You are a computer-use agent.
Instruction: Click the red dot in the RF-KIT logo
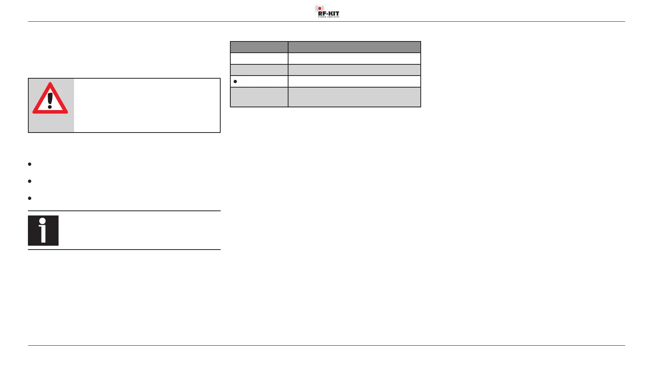320,8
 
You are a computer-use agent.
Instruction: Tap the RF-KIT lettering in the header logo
328,13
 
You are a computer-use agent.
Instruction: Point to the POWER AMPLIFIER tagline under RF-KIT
329,17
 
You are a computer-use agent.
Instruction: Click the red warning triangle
50,99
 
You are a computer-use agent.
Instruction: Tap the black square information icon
43,231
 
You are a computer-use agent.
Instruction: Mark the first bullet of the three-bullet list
30,164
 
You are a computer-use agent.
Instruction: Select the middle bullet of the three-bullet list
30,181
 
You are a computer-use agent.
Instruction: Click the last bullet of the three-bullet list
30,198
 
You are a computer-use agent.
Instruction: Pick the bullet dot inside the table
235,81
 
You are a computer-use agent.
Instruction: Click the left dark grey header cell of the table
259,47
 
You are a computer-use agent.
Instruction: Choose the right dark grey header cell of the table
354,47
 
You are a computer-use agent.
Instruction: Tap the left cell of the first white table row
259,59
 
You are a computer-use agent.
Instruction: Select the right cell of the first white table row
354,59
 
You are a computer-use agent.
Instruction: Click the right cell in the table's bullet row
354,81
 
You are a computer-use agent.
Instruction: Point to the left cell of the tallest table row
259,97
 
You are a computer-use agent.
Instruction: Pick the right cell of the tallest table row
354,97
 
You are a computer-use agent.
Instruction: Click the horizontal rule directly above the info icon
124,211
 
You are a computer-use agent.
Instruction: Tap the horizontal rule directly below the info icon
124,250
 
